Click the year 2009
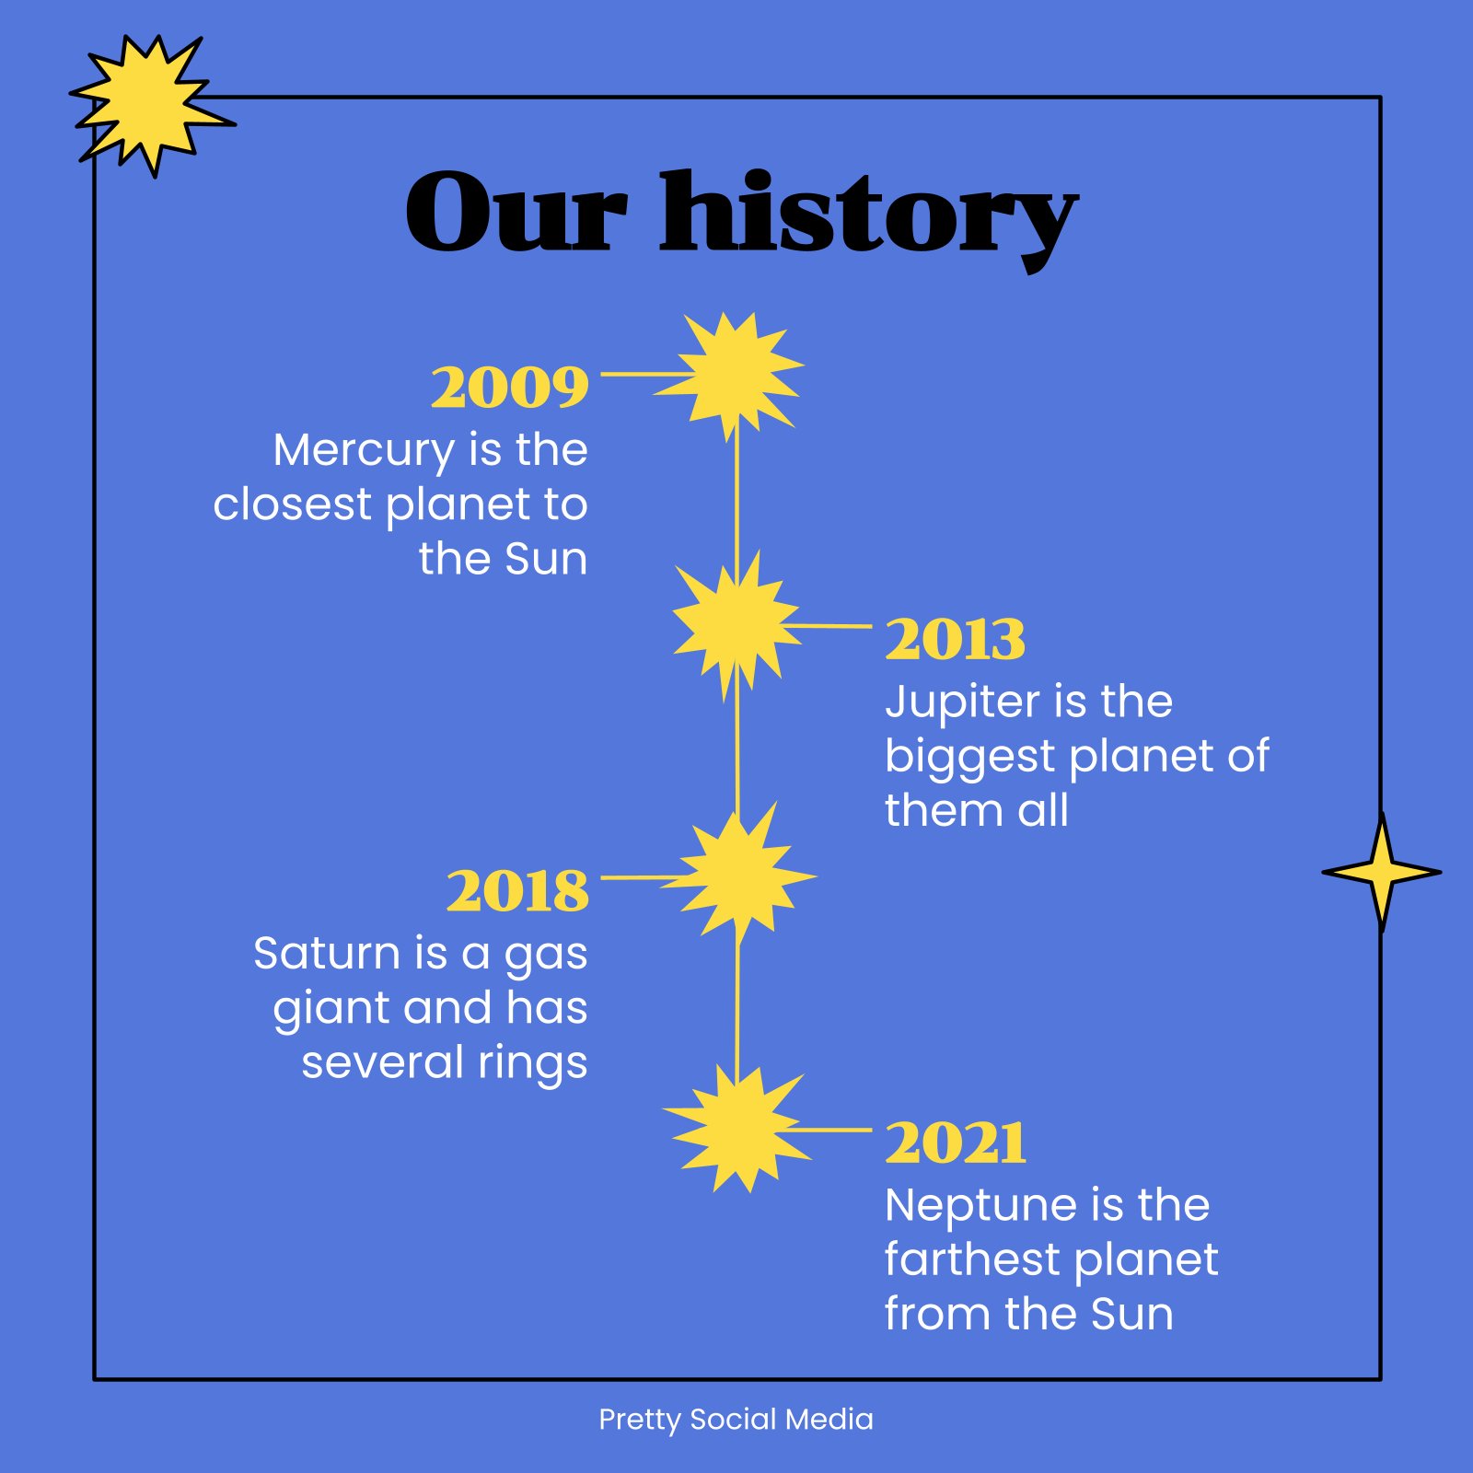click(510, 387)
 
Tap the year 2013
click(955, 639)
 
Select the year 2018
click(517, 890)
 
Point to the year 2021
click(956, 1142)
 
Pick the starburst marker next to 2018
click(738, 875)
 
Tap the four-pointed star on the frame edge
click(1381, 872)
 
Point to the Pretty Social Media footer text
click(736, 1420)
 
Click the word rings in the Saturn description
click(532, 1064)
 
